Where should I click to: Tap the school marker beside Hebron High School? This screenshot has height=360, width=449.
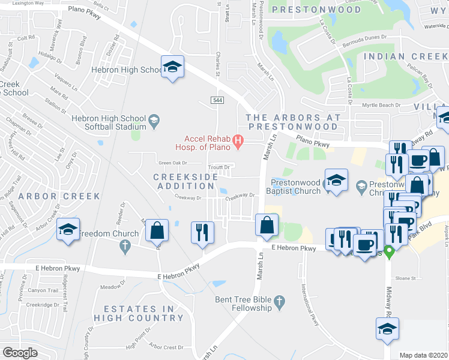pyautogui.click(x=172, y=68)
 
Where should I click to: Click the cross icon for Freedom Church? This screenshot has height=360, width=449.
pyautogui.click(x=125, y=245)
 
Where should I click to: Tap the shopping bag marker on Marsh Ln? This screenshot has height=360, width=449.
pyautogui.click(x=266, y=226)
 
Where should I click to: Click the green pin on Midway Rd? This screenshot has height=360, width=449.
pyautogui.click(x=388, y=252)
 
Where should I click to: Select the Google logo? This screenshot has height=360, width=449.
pyautogui.click(x=20, y=353)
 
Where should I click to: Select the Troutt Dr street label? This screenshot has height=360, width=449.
pyautogui.click(x=218, y=167)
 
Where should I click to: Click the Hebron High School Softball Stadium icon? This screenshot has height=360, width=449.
pyautogui.click(x=153, y=119)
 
